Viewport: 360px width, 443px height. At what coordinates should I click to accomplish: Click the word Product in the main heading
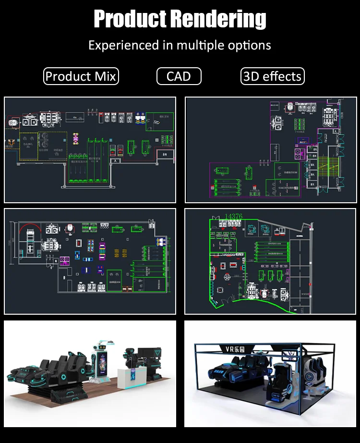[130, 19]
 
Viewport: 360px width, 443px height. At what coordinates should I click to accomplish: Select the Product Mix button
[81, 76]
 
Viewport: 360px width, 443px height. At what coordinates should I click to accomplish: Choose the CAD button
[179, 76]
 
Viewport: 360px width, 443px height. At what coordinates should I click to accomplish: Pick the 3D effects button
[272, 76]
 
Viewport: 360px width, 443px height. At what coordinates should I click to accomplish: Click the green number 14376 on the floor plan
[233, 217]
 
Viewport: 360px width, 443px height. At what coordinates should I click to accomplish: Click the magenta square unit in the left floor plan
[63, 261]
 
